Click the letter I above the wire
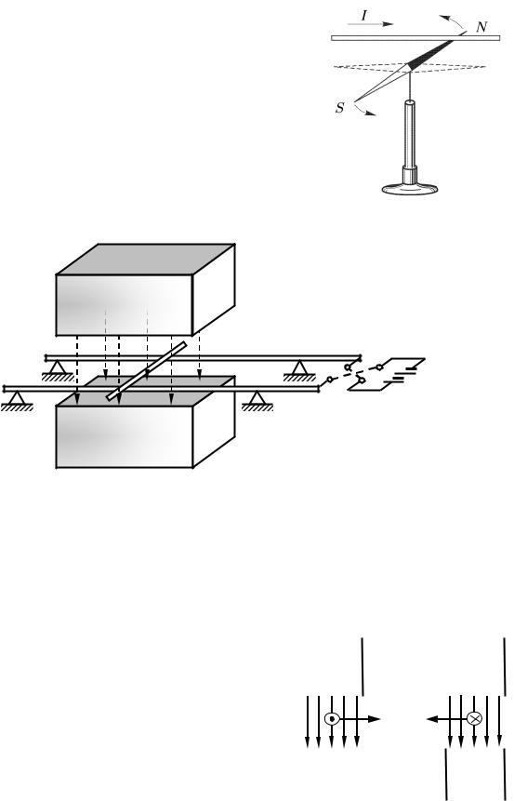364,15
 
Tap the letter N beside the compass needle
481,27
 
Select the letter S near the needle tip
340,108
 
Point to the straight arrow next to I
370,24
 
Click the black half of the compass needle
429,53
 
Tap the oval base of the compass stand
409,189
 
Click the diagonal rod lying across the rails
147,371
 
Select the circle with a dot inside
332,719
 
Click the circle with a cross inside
474,719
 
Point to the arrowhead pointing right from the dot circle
375,719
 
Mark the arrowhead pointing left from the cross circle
432,719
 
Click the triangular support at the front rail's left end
18,401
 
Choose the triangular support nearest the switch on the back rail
299,370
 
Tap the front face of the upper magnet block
124,305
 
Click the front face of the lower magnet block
124,436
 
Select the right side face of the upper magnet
214,289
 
